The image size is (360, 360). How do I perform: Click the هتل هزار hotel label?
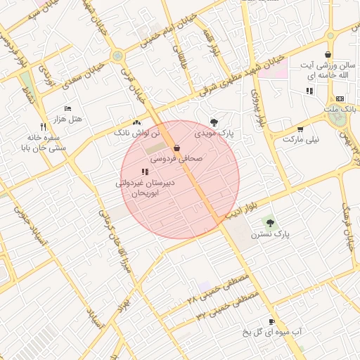click(x=68, y=120)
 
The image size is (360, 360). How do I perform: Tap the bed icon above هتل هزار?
click(x=67, y=108)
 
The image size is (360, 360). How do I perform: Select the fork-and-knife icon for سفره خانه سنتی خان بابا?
click(x=43, y=127)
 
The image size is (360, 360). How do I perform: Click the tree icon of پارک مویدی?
click(x=214, y=122)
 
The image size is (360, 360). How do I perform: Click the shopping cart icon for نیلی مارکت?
click(x=300, y=129)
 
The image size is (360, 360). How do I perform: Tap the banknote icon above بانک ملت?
click(x=340, y=98)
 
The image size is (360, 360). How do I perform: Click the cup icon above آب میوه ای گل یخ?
click(x=271, y=319)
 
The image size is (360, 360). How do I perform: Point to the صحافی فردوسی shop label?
click(x=176, y=160)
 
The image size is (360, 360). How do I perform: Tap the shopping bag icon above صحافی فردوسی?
click(x=176, y=148)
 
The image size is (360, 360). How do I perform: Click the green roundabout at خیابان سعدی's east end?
click(x=117, y=56)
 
